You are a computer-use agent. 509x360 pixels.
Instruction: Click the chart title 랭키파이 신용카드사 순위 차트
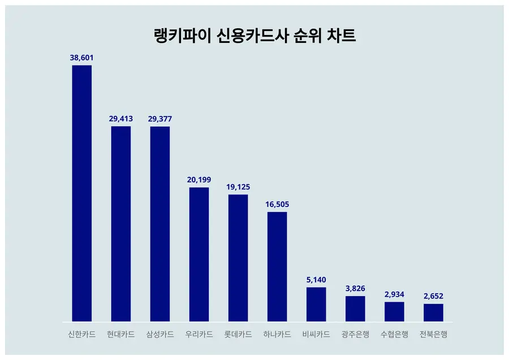point(255,36)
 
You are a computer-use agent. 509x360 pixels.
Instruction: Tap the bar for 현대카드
point(120,224)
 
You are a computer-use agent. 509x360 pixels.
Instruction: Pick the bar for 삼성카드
point(159,224)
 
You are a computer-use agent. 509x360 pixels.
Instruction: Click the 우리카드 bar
point(199,254)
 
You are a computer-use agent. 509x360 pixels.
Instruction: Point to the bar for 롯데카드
point(238,258)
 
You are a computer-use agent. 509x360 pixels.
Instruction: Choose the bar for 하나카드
point(277,266)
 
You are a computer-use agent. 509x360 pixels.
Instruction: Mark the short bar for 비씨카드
point(316,304)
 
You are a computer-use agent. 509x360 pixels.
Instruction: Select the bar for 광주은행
point(355,309)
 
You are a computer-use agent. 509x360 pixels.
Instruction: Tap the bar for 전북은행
point(433,313)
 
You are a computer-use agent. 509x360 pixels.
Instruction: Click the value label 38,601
point(81,58)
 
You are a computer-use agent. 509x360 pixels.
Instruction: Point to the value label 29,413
point(120,119)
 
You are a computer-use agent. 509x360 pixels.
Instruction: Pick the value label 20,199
point(199,180)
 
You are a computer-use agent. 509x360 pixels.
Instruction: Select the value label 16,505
point(277,204)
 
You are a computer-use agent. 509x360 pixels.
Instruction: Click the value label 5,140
point(316,280)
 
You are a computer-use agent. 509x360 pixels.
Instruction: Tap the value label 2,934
point(394,294)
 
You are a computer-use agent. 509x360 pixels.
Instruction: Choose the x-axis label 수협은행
point(394,335)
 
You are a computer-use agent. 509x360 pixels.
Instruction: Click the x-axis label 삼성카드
point(159,335)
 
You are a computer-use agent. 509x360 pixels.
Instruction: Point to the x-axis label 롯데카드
point(238,335)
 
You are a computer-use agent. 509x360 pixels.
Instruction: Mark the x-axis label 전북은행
point(433,335)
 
